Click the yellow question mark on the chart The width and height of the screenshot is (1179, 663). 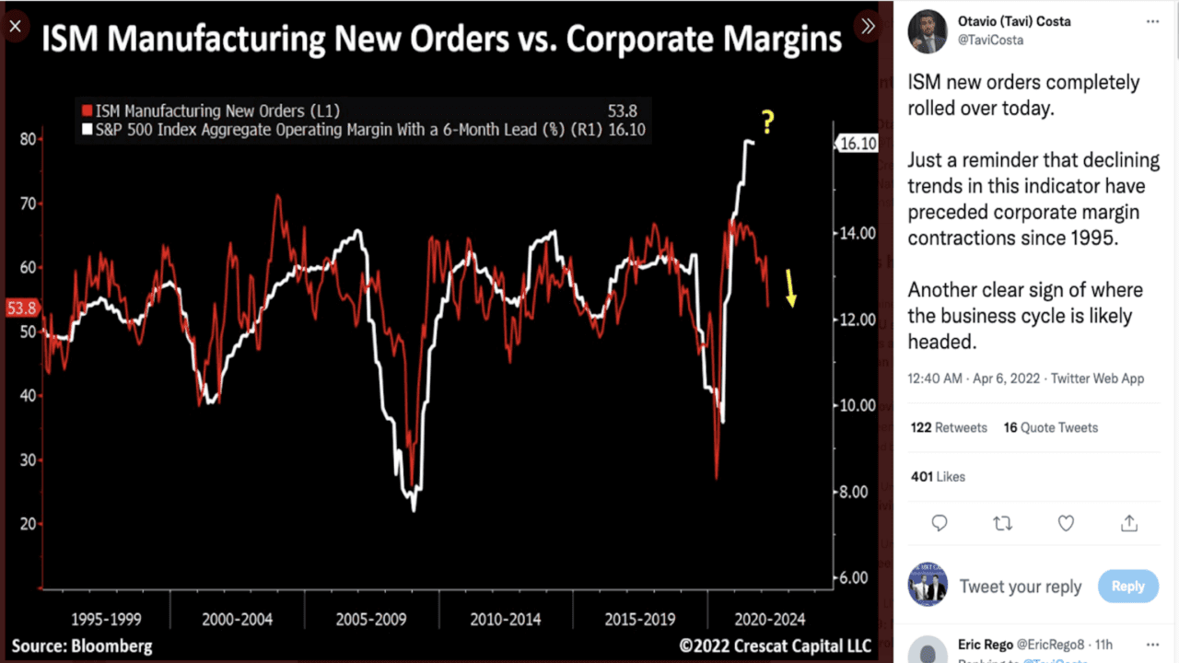pyautogui.click(x=766, y=122)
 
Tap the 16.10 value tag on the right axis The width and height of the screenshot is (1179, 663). pyautogui.click(x=856, y=144)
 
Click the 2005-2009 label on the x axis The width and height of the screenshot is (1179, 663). pyautogui.click(x=371, y=619)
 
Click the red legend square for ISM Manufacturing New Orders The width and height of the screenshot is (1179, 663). pyautogui.click(x=88, y=111)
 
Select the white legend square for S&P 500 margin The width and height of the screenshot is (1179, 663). pyautogui.click(x=88, y=130)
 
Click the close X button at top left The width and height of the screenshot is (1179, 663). pyautogui.click(x=15, y=26)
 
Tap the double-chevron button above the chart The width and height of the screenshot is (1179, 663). pyautogui.click(x=867, y=26)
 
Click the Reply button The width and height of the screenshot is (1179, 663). pyautogui.click(x=1127, y=586)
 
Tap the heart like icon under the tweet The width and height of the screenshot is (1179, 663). pyautogui.click(x=1066, y=523)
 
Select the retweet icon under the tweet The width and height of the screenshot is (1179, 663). pyautogui.click(x=1003, y=523)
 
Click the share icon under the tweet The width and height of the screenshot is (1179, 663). pyautogui.click(x=1128, y=523)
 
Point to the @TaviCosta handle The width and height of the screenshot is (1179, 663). pyautogui.click(x=991, y=41)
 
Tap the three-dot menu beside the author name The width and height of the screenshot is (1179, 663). pyautogui.click(x=1152, y=20)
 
